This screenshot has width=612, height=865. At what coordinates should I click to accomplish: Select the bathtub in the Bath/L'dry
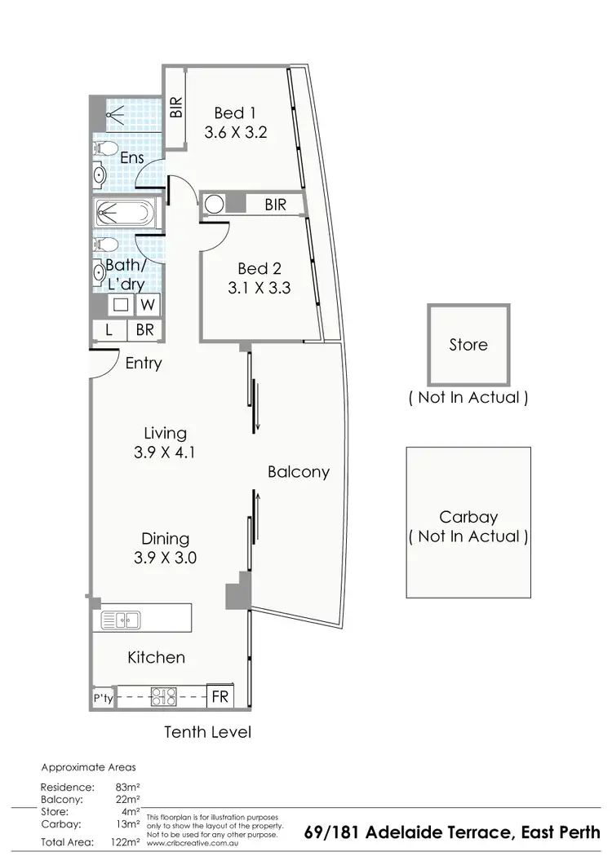(123, 214)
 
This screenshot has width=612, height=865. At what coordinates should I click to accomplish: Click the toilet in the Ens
(102, 149)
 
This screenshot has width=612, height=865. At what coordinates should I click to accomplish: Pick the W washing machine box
(148, 305)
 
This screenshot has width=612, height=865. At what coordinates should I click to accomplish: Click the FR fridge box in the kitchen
(220, 697)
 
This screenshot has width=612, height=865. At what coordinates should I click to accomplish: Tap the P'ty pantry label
(103, 698)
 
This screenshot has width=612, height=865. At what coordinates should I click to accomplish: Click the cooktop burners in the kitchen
(166, 696)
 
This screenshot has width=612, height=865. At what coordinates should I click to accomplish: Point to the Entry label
(144, 364)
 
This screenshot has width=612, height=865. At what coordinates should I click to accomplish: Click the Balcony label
(299, 471)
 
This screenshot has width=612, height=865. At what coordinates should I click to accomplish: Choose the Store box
(468, 345)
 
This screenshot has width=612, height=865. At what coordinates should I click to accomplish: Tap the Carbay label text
(468, 517)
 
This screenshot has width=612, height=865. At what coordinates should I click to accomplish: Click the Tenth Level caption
(207, 731)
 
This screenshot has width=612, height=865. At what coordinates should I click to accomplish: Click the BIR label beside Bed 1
(176, 108)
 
